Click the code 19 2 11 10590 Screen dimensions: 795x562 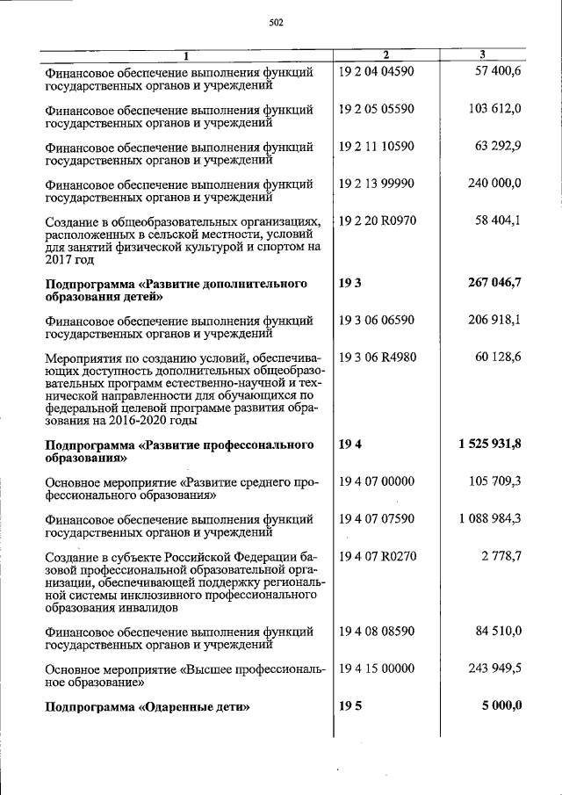(376, 146)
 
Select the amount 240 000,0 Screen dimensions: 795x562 (494, 184)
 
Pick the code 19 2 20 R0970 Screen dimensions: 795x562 (377, 220)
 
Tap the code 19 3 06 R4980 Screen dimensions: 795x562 (377, 358)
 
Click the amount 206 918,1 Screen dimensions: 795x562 (494, 321)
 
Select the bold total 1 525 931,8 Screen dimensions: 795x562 (489, 444)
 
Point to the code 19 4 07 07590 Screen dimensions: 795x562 (376, 519)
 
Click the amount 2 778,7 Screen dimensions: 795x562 (501, 556)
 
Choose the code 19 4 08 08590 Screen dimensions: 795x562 (376, 631)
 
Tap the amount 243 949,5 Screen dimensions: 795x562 (494, 669)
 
